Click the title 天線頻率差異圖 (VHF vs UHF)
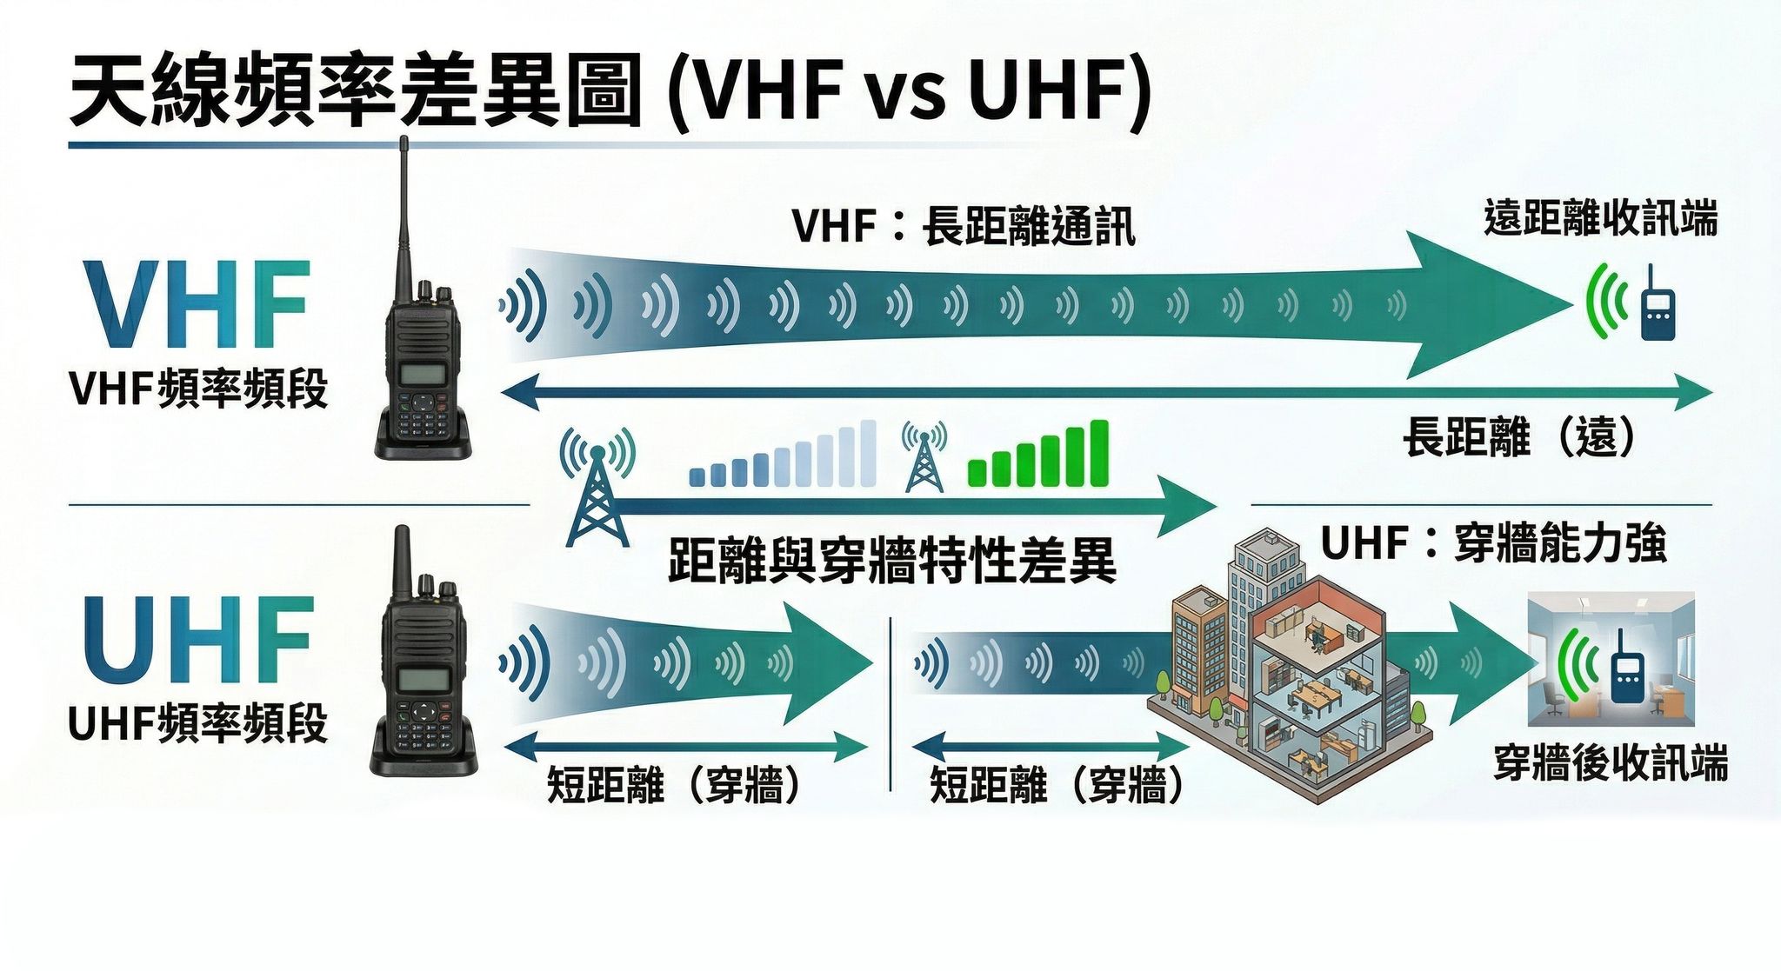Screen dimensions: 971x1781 [x=609, y=91]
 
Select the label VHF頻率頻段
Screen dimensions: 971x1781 [x=198, y=389]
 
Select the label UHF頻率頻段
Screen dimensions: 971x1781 [x=198, y=723]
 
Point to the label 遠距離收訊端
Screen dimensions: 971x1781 [x=1600, y=217]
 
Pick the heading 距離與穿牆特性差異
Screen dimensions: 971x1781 [x=891, y=561]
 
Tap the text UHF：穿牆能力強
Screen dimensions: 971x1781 [x=1493, y=544]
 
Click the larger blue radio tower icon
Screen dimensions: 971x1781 [x=597, y=491]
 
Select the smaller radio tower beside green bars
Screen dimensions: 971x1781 [x=924, y=459]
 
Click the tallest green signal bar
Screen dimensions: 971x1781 [x=1099, y=452]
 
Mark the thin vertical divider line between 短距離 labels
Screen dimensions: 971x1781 [x=891, y=704]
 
